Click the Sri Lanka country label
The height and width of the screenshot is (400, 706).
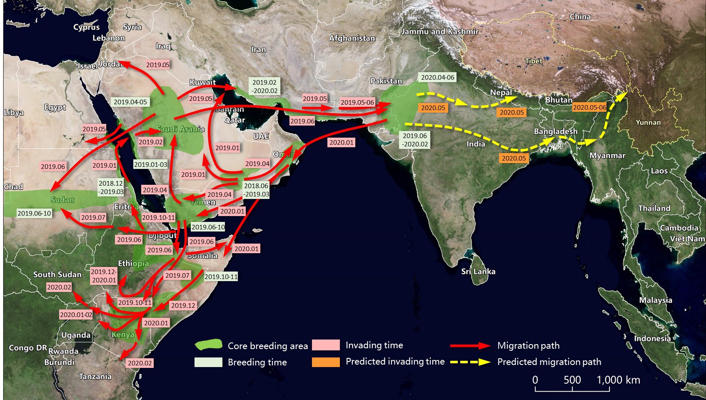click(x=478, y=272)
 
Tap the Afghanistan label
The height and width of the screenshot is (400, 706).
click(x=352, y=38)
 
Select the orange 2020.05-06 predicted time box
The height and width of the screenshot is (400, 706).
click(x=589, y=108)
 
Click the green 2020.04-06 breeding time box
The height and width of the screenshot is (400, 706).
click(x=437, y=78)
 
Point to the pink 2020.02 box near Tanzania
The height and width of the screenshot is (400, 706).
click(x=140, y=363)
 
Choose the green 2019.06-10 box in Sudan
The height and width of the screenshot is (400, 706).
click(x=34, y=214)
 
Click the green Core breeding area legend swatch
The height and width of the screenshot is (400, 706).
click(x=208, y=345)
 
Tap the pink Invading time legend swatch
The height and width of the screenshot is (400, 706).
click(x=326, y=345)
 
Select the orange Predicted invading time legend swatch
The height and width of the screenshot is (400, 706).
click(x=326, y=362)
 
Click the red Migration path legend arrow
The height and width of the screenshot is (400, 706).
click(x=470, y=345)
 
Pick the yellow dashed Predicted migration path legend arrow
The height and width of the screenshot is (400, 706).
click(x=470, y=362)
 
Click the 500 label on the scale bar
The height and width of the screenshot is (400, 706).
click(x=572, y=380)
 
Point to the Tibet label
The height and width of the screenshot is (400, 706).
click(x=533, y=61)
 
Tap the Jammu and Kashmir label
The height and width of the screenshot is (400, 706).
click(x=440, y=32)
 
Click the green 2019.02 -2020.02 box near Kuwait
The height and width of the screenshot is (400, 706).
click(x=264, y=87)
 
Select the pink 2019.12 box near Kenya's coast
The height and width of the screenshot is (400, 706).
click(x=183, y=306)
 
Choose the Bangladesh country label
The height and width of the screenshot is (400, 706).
click(x=556, y=131)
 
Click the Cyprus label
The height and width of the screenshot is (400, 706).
click(x=87, y=27)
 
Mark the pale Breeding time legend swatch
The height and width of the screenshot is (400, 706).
click(x=208, y=362)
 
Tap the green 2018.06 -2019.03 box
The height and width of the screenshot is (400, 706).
click(x=256, y=190)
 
